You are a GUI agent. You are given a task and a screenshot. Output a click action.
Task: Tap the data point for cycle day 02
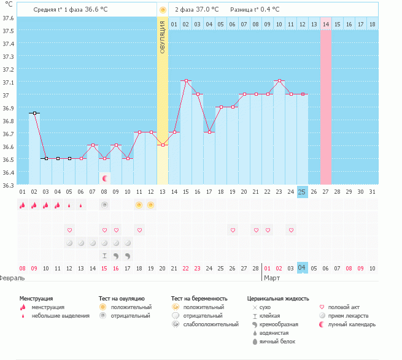(34, 113)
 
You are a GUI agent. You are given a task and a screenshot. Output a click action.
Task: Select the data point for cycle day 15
(186, 81)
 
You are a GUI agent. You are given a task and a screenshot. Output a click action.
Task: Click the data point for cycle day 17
(209, 132)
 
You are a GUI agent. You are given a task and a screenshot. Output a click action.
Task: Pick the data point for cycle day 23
(279, 81)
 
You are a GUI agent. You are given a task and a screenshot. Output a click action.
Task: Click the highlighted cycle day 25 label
(302, 191)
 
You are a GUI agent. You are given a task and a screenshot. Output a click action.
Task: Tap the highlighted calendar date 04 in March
(302, 268)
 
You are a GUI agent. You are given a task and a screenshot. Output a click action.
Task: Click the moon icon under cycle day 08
(105, 178)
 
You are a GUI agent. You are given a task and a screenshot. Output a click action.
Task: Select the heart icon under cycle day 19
(233, 230)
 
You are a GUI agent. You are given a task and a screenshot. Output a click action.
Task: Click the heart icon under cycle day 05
(69, 230)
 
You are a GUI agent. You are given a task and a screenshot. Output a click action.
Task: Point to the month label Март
(272, 278)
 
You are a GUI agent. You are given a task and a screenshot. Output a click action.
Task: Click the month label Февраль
(13, 278)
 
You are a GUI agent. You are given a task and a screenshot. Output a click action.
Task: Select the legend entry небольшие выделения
(60, 316)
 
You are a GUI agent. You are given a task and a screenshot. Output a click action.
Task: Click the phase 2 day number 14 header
(325, 24)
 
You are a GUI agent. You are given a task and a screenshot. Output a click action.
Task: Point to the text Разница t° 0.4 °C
(255, 10)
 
